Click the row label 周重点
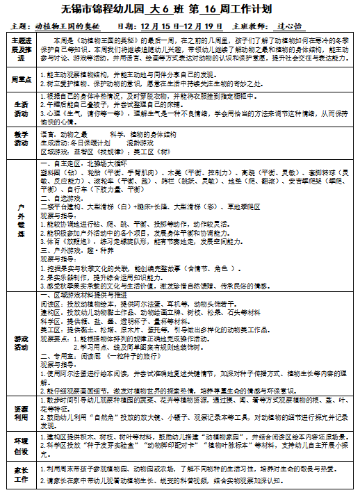click(21, 78)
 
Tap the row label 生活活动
click(21, 108)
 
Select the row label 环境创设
click(21, 446)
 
